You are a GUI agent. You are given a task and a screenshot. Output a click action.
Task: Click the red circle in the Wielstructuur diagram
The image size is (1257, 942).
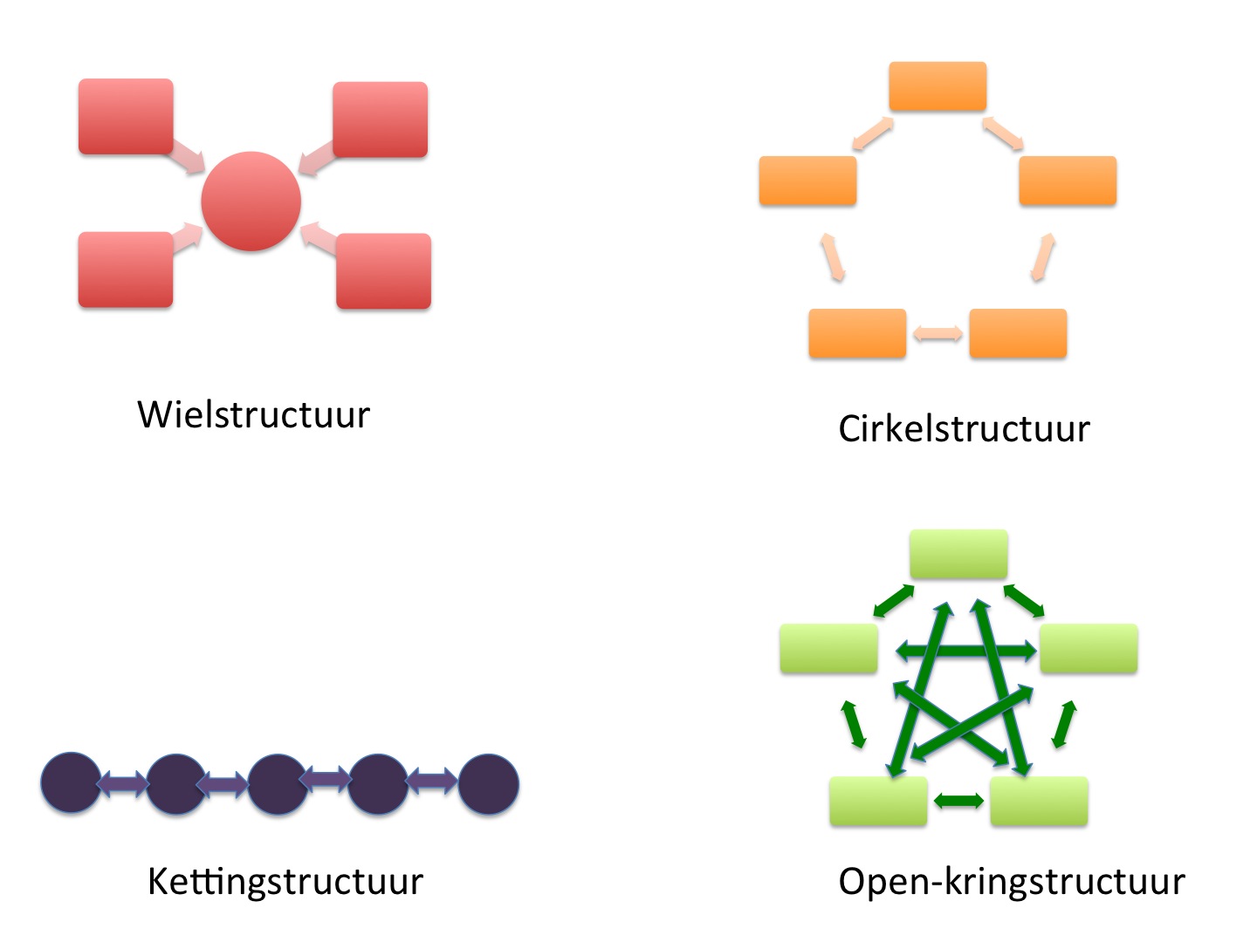click(251, 201)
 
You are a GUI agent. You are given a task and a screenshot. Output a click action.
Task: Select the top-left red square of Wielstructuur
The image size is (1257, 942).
click(126, 117)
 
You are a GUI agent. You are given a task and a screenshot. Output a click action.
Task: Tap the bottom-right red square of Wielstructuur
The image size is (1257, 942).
click(383, 271)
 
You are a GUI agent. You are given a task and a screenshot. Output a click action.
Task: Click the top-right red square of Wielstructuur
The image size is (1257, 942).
click(381, 119)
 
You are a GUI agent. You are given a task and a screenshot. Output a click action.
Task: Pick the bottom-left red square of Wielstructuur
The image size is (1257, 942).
click(126, 270)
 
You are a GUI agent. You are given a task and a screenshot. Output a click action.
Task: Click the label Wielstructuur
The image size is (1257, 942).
click(253, 415)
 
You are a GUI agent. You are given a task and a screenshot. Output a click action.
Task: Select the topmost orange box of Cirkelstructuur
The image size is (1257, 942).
click(938, 86)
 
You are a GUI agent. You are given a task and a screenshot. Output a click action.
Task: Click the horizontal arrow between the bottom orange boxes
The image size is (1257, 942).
click(938, 333)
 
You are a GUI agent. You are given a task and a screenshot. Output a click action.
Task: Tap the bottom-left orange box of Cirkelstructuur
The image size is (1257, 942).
click(857, 333)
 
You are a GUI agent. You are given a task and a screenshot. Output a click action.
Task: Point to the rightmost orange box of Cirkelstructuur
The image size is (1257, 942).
click(1068, 181)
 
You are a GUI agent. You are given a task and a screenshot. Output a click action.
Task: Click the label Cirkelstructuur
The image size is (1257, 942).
click(964, 429)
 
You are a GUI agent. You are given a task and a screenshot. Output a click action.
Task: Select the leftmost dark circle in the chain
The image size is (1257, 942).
click(72, 783)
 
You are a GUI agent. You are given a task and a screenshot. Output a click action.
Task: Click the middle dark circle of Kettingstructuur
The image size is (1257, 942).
click(278, 784)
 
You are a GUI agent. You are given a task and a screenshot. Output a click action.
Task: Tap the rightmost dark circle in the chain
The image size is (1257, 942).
click(489, 784)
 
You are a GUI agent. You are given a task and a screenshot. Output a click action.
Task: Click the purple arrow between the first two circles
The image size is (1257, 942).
click(123, 783)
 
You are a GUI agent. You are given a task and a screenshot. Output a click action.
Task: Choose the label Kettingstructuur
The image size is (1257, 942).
click(285, 882)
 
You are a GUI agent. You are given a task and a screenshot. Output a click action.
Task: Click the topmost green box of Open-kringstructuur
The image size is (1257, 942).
click(958, 554)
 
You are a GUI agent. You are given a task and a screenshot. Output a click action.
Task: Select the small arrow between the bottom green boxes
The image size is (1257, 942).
click(958, 801)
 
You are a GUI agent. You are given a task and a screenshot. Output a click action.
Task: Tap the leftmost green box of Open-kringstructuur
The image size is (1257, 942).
click(828, 648)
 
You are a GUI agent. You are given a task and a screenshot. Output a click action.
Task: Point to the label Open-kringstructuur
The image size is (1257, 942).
click(1011, 882)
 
